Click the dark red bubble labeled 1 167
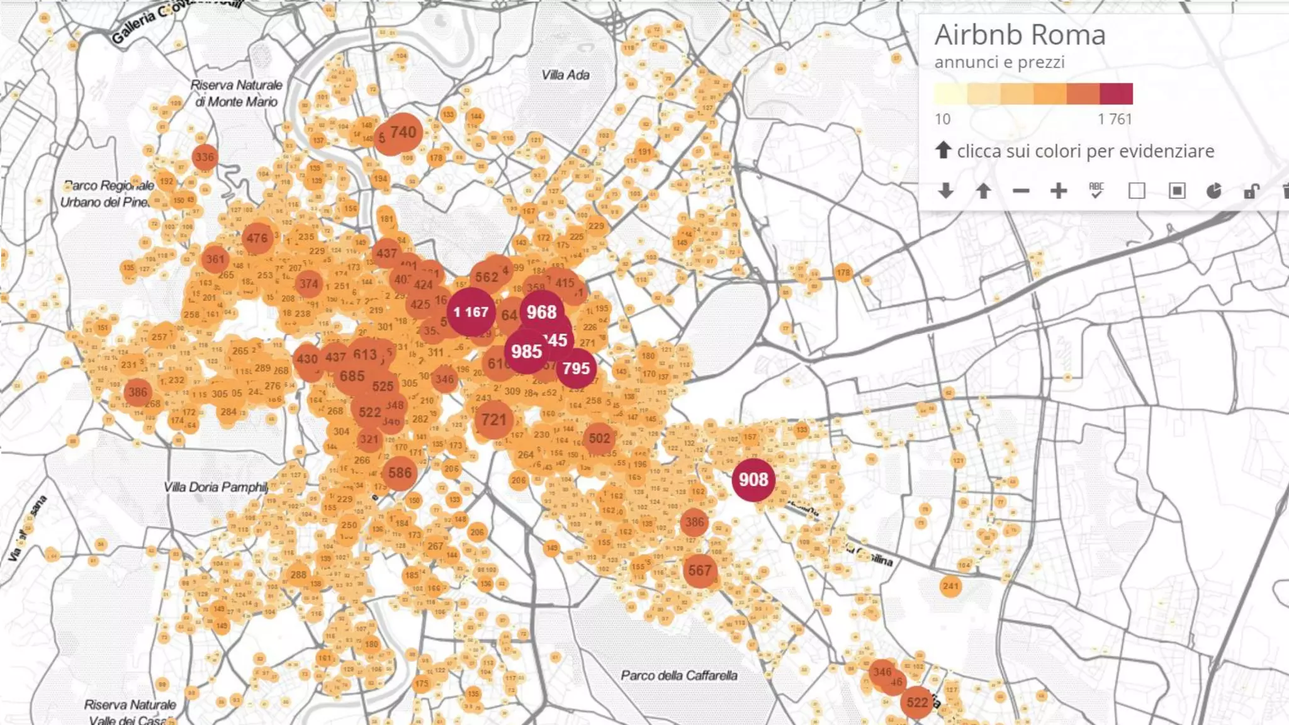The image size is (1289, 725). (471, 312)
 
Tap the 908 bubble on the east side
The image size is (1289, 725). (753, 480)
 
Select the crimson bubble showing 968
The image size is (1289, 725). (541, 312)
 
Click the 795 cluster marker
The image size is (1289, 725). (576, 369)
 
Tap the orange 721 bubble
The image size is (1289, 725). (493, 420)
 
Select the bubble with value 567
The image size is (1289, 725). (699, 571)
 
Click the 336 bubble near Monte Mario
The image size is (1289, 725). (205, 157)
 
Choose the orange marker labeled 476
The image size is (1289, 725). (257, 239)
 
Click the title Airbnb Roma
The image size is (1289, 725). (1020, 35)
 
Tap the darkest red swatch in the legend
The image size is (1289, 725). (1116, 94)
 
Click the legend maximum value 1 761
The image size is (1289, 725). (1115, 119)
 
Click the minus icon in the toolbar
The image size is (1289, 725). (1021, 191)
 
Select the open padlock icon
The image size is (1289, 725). (1251, 191)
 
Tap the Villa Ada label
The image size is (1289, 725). (565, 76)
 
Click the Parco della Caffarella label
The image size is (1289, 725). (678, 676)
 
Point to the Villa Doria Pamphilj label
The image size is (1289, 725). (216, 487)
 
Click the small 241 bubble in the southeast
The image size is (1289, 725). (950, 587)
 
